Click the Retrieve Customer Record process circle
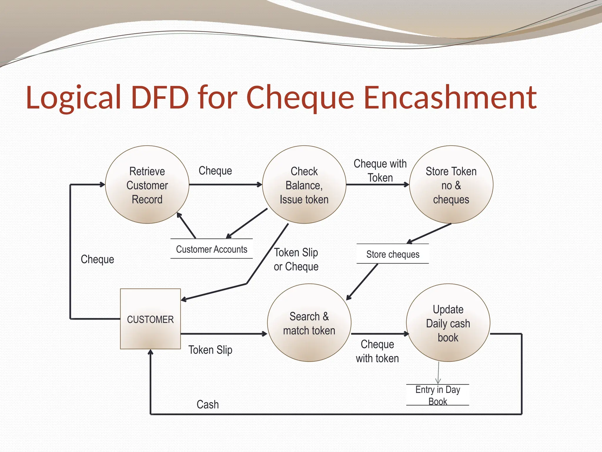[x=147, y=185]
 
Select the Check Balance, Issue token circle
[x=304, y=185]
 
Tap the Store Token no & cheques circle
[x=451, y=185]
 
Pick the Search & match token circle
[x=309, y=323]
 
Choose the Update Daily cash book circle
[x=448, y=323]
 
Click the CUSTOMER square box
[x=150, y=319]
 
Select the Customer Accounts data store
[x=212, y=249]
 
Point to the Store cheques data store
[x=393, y=254]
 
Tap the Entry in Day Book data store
[x=437, y=395]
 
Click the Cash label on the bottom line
[x=208, y=405]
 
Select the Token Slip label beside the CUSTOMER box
[x=210, y=350]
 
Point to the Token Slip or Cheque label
[x=296, y=260]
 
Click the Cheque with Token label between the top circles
[x=380, y=171]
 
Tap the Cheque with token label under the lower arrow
[x=377, y=351]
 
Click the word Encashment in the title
[x=450, y=97]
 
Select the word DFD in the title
[x=160, y=97]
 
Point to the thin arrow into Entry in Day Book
[x=438, y=373]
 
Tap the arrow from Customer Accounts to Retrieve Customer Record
[x=186, y=226]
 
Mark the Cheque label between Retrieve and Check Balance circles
[x=215, y=171]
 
